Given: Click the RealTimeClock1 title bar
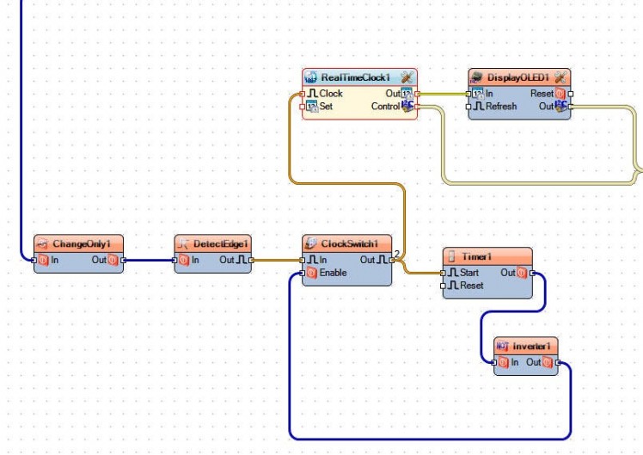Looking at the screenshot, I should click(355, 77).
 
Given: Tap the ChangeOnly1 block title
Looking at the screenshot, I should click(82, 243).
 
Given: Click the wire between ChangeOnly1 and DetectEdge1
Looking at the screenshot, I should click(148, 259).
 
